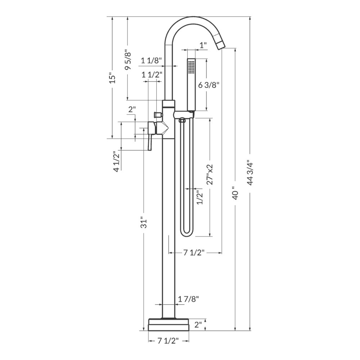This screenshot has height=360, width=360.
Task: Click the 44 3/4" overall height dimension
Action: coord(251,172)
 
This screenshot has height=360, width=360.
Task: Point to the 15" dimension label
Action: coord(113,78)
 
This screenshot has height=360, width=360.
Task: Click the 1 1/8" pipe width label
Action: coord(152,60)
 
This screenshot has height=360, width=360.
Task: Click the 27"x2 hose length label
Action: coord(210,175)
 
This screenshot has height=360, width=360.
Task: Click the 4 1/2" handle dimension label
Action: coord(116,161)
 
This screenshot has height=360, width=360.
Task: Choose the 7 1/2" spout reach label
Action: coord(194,253)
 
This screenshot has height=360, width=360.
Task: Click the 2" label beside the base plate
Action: coord(198,325)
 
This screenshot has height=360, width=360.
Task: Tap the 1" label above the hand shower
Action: coord(203,45)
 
